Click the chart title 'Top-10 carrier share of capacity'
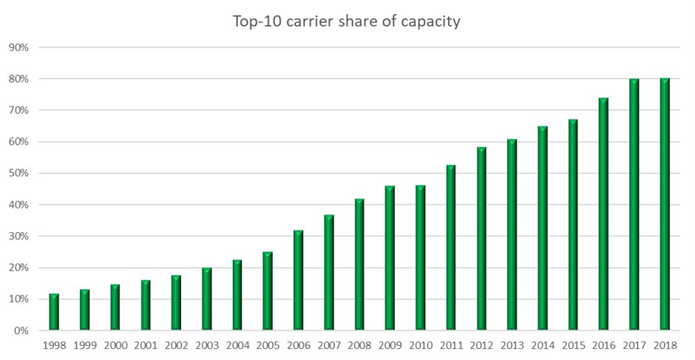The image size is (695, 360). point(347,21)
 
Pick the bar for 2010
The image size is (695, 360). point(420,258)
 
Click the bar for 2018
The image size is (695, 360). point(664,205)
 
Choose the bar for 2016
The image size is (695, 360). point(603,214)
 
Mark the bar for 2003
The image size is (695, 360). point(206,299)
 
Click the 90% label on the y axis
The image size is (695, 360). point(18,47)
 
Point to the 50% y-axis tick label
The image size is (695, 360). point(18,174)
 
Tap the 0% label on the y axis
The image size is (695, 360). point(21,331)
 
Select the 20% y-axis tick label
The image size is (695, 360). point(18,268)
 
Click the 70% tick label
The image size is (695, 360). point(18,111)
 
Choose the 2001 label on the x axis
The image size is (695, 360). point(146,344)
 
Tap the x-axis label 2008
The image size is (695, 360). point(359,344)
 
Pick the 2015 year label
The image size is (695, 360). point(573,344)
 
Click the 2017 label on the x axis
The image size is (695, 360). point(634,344)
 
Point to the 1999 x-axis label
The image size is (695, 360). point(84,344)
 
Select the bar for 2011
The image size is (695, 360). point(450,248)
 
